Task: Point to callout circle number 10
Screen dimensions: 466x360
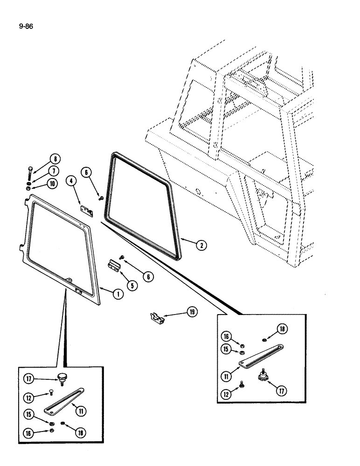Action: [x=53, y=184]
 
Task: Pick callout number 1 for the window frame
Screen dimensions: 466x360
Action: [x=118, y=294]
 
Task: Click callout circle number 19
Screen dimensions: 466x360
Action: [x=191, y=313]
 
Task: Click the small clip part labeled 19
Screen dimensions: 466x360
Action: [x=157, y=318]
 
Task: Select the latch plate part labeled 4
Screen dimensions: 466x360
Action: [x=88, y=211]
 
